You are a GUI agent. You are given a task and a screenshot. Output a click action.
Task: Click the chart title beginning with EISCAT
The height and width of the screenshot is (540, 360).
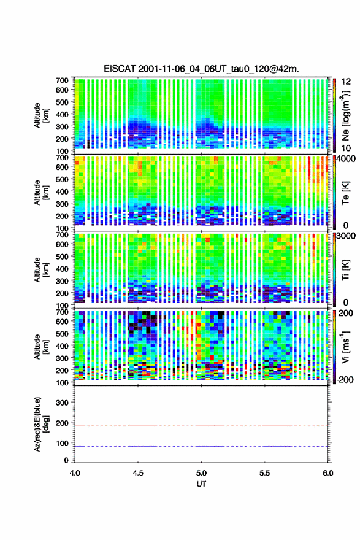pyautogui.click(x=201, y=69)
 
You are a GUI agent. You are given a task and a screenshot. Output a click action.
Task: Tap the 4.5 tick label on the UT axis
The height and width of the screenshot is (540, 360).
pyautogui.click(x=138, y=473)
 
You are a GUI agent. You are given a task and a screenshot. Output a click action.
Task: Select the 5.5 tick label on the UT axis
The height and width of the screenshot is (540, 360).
pyautogui.click(x=265, y=473)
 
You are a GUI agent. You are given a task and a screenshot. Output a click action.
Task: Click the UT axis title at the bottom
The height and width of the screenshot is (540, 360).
pyautogui.click(x=201, y=484)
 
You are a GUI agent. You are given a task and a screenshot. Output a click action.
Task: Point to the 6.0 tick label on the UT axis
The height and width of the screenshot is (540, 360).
pyautogui.click(x=328, y=473)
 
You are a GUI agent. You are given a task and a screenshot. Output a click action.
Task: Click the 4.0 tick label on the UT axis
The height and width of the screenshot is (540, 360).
pyautogui.click(x=75, y=473)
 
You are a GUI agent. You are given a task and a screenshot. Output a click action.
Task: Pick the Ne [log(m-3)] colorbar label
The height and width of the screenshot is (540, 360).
pyautogui.click(x=345, y=115)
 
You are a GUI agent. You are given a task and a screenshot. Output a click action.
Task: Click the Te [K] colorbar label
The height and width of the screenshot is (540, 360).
pyautogui.click(x=345, y=193)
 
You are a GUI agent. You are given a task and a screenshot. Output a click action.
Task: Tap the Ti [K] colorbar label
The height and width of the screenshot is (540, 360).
pyautogui.click(x=345, y=269)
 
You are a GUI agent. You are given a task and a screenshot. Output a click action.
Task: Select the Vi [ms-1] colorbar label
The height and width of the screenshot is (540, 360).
pyautogui.click(x=345, y=347)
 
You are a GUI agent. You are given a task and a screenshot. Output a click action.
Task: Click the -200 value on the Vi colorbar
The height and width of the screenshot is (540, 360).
pyautogui.click(x=344, y=379)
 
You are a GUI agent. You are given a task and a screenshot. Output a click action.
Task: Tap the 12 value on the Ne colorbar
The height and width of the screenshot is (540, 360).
pyautogui.click(x=346, y=82)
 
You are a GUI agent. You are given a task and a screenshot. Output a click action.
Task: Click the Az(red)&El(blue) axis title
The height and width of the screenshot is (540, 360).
pyautogui.click(x=41, y=424)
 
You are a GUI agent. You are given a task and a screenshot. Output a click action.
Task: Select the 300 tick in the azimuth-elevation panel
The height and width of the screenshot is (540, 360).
pyautogui.click(x=63, y=403)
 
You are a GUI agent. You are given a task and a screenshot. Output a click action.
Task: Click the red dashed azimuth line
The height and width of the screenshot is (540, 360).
pyautogui.click(x=201, y=426)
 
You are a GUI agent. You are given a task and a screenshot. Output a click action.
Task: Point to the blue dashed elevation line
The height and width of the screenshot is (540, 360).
pyautogui.click(x=201, y=446)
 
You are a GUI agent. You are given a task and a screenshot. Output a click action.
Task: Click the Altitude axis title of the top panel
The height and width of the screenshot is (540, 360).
pyautogui.click(x=41, y=115)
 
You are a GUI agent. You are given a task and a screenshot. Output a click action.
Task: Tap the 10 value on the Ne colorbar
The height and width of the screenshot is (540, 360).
pyautogui.click(x=346, y=148)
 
